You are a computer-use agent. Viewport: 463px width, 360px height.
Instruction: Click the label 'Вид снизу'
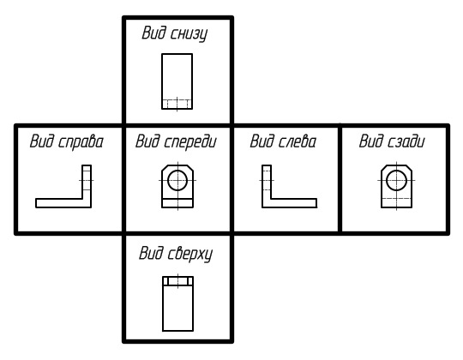pyautogui.click(x=175, y=33)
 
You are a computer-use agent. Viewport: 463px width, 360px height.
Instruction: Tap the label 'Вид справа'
pyautogui.click(x=67, y=141)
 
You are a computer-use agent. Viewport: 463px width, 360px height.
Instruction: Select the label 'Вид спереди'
pyautogui.click(x=176, y=141)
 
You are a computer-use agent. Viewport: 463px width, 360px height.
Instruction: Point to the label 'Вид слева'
pyautogui.click(x=283, y=141)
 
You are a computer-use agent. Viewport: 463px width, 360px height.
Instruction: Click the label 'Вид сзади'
pyautogui.click(x=392, y=141)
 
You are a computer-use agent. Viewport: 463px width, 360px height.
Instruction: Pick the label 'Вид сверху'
pyautogui.click(x=176, y=254)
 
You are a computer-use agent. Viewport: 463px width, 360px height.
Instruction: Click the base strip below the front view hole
pyautogui.click(x=177, y=203)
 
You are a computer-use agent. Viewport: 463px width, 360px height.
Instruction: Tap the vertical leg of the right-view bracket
pyautogui.click(x=87, y=186)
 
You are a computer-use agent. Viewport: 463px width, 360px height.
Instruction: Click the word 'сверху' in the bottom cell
pyautogui.click(x=189, y=254)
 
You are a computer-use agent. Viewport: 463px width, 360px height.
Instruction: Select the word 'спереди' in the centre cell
pyautogui.click(x=189, y=142)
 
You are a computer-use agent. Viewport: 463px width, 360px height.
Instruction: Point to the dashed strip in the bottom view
pyautogui.click(x=177, y=105)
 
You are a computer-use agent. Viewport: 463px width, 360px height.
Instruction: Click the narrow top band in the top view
pyautogui.click(x=177, y=281)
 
